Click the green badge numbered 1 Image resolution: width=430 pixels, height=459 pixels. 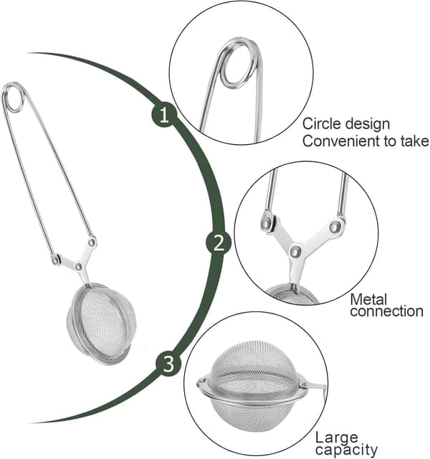164,115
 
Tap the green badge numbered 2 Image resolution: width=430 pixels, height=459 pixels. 219,242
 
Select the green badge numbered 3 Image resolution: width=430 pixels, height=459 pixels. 169,364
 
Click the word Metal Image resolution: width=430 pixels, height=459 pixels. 368,300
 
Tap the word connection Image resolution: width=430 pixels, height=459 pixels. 387,311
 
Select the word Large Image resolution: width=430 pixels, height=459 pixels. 337,438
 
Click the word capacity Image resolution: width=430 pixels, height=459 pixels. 346,450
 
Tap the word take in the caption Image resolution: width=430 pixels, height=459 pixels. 415,141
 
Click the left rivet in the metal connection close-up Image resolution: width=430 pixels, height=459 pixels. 267,224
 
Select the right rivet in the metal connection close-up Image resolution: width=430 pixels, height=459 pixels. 335,227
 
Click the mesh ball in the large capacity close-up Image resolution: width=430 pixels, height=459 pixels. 252,387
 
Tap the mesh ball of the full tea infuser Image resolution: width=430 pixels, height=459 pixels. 102,323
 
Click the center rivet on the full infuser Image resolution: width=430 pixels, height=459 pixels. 78,267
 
